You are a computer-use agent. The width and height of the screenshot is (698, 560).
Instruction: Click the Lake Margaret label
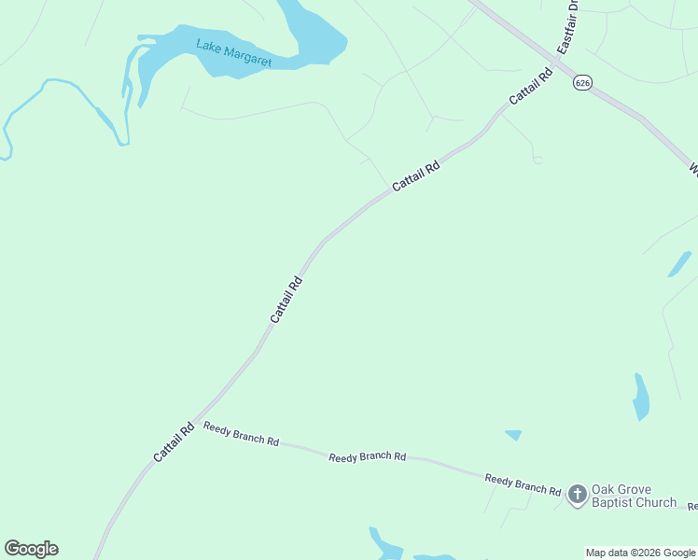pos(233,53)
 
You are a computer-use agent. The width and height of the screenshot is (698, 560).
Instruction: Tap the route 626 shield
pos(582,83)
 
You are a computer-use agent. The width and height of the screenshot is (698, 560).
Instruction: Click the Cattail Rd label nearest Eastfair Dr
pos(532,85)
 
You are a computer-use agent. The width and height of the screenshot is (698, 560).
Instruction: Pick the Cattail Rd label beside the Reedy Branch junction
pos(174,441)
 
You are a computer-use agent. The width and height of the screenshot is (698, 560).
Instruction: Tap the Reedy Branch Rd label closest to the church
pos(523,484)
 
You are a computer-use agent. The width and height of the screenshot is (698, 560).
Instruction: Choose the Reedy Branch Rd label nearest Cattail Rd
pos(242,434)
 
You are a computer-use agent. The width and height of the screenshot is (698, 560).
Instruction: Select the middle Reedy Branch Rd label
pos(367,456)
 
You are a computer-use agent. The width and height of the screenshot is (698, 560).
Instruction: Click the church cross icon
pos(578,494)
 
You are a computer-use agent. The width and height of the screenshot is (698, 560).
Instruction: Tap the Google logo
pos(31,549)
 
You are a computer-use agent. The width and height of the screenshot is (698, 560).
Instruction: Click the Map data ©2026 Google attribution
pos(641,553)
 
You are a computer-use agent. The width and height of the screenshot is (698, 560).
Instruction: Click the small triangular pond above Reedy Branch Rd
pos(513,435)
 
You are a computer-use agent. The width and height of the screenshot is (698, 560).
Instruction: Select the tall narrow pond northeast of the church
pos(641,398)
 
